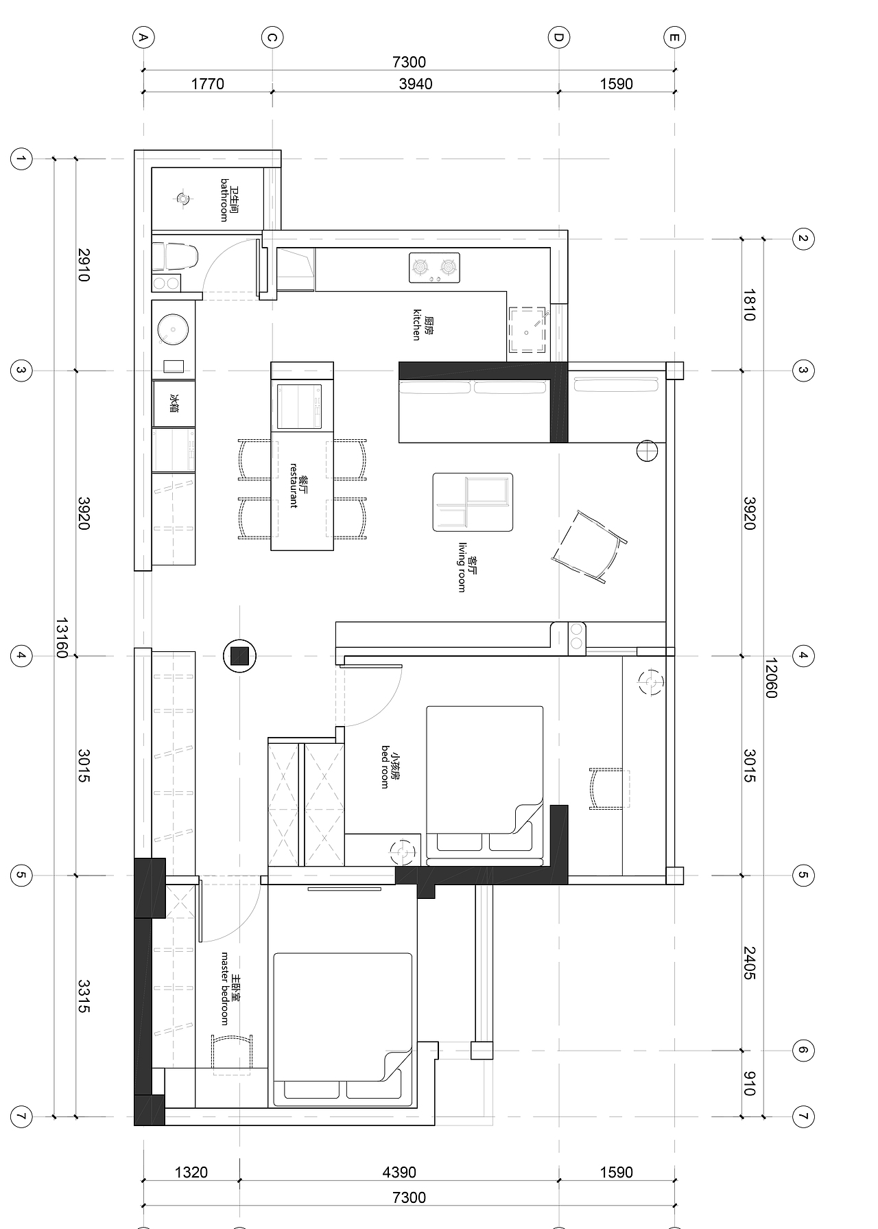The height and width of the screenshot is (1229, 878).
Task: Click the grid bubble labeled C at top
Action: (272, 38)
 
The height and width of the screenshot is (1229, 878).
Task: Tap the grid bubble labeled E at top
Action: (674, 38)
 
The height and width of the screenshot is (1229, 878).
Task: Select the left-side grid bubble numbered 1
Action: (21, 160)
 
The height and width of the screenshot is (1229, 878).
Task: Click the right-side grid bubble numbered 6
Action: (803, 1050)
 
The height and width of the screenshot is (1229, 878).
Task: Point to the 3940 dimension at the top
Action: (416, 84)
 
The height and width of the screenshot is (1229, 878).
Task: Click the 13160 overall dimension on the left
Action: (62, 638)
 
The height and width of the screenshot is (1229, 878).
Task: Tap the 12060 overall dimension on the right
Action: (770, 678)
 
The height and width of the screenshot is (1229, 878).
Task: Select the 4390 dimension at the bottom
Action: (399, 1172)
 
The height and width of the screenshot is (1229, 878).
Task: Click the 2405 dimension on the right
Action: (749, 963)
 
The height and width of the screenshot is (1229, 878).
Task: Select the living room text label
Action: (467, 566)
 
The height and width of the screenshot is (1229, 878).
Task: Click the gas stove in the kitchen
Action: (434, 268)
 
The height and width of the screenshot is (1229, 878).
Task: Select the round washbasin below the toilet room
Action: (173, 329)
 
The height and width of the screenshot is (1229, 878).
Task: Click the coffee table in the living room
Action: (473, 502)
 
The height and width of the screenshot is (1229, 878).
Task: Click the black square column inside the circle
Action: (240, 657)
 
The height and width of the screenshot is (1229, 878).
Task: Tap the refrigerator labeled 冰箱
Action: (174, 403)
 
